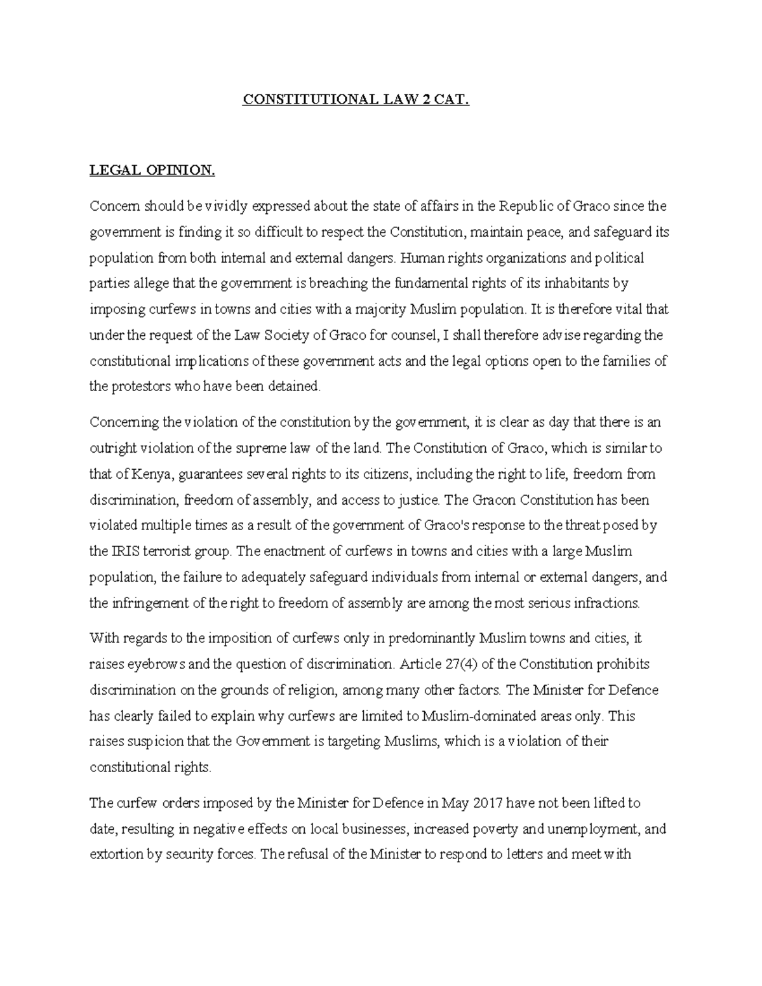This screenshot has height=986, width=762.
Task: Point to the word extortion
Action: pyautogui.click(x=115, y=855)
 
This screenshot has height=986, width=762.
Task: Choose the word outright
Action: pyautogui.click(x=111, y=448)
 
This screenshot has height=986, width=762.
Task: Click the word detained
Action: pyautogui.click(x=297, y=387)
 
